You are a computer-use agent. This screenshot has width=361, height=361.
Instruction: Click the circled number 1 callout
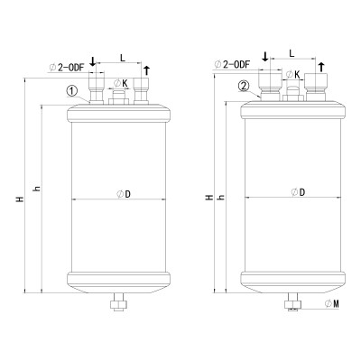coord(71,89)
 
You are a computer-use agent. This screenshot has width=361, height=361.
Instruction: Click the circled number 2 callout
coord(244,87)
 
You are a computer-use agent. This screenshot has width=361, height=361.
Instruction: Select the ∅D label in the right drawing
coord(298,192)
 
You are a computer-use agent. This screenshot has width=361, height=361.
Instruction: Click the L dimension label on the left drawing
coord(123,57)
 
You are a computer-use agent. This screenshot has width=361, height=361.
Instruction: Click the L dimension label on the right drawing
coord(292,53)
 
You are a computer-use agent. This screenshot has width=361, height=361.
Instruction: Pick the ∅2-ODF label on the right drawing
coord(234,64)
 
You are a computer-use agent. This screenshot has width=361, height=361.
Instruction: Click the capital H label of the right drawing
coord(208,195)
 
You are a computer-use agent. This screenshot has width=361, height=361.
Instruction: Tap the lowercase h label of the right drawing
coord(220,195)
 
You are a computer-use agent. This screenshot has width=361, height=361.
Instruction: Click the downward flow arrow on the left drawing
coord(93,60)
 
